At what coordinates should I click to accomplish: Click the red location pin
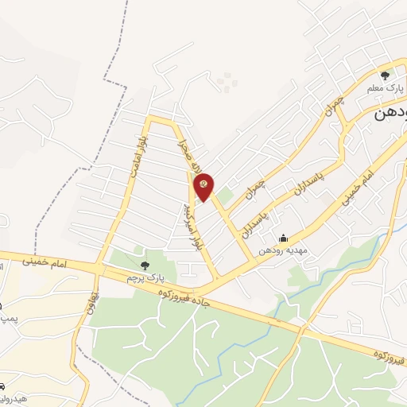pyautogui.click(x=204, y=184)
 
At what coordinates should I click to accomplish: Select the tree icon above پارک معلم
pyautogui.click(x=385, y=76)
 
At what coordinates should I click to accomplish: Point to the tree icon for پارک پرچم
pyautogui.click(x=144, y=265)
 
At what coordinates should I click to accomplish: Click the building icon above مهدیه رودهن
pyautogui.click(x=283, y=238)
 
